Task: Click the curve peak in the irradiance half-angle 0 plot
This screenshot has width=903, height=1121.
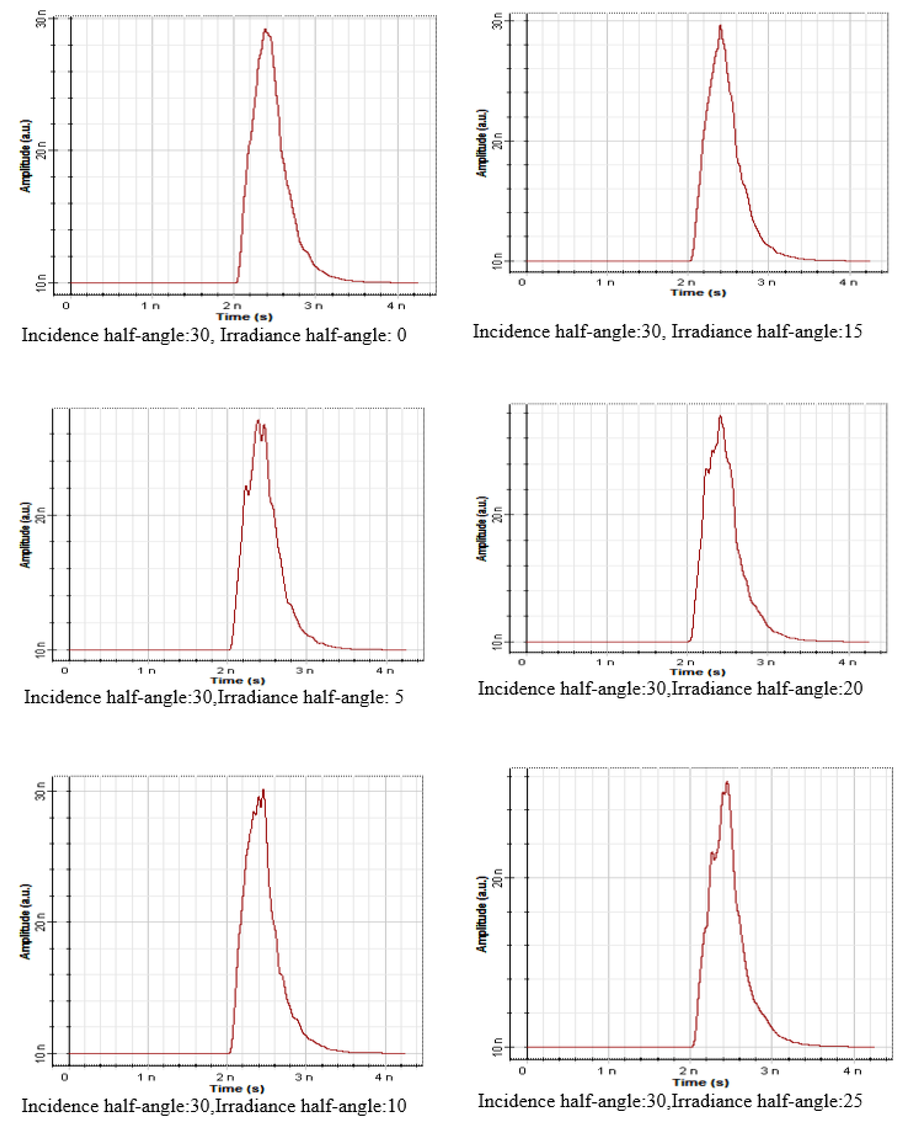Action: click(265, 30)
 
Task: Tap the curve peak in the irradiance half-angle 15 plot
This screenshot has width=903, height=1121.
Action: click(720, 25)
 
